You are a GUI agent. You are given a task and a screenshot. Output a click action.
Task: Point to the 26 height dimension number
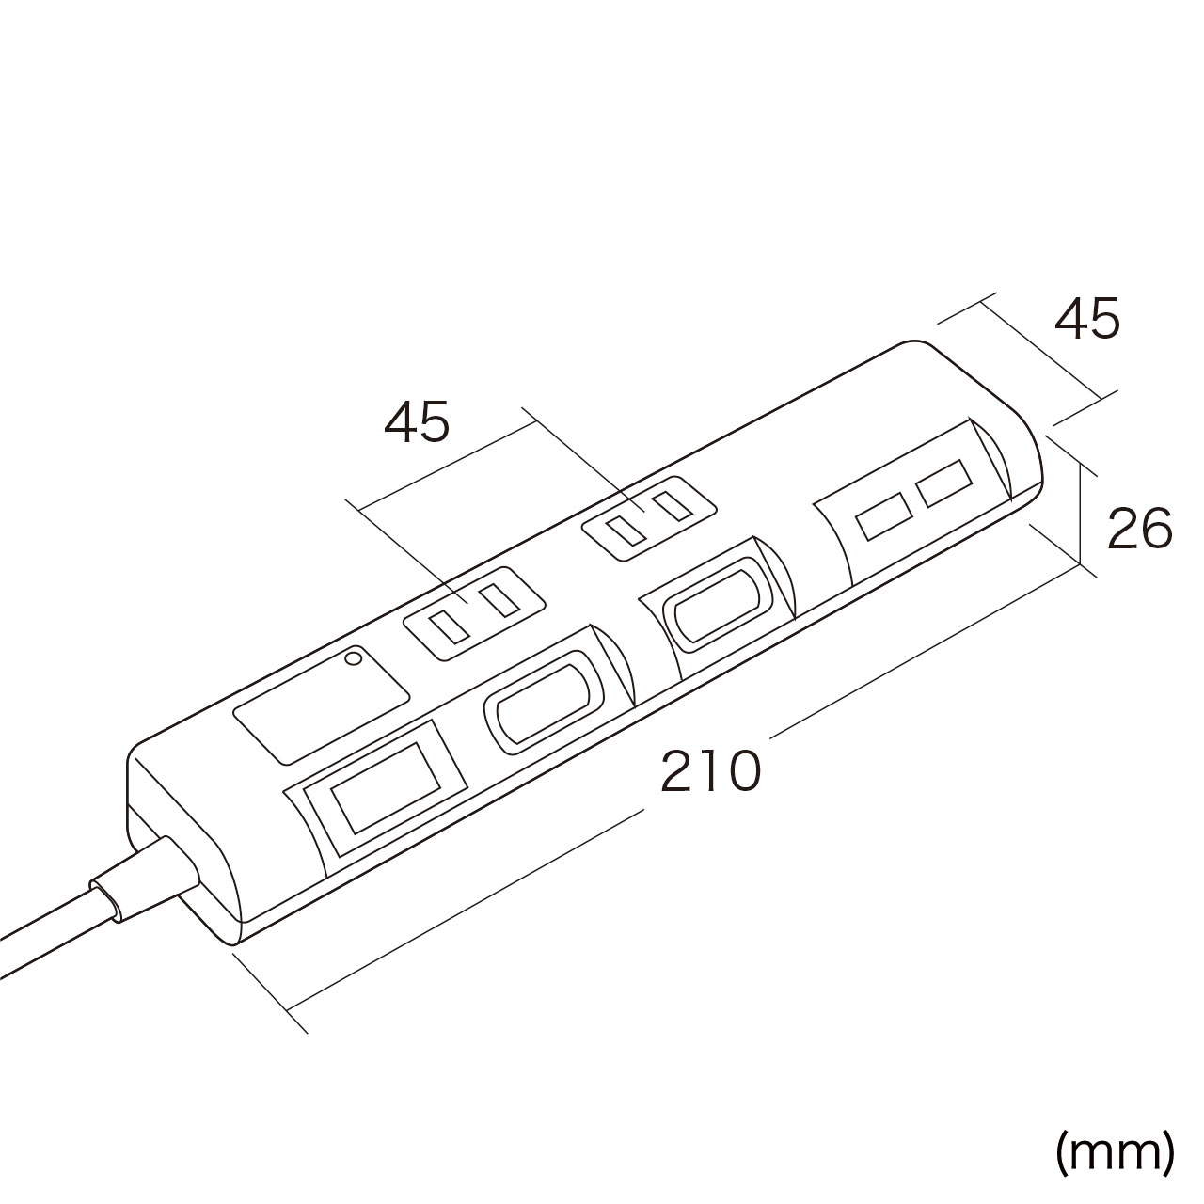1140,529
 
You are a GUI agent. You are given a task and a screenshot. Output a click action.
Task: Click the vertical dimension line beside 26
1080,513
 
